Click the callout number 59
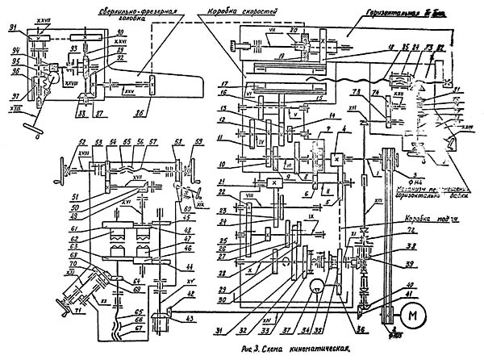click(198, 141)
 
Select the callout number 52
click(81, 141)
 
